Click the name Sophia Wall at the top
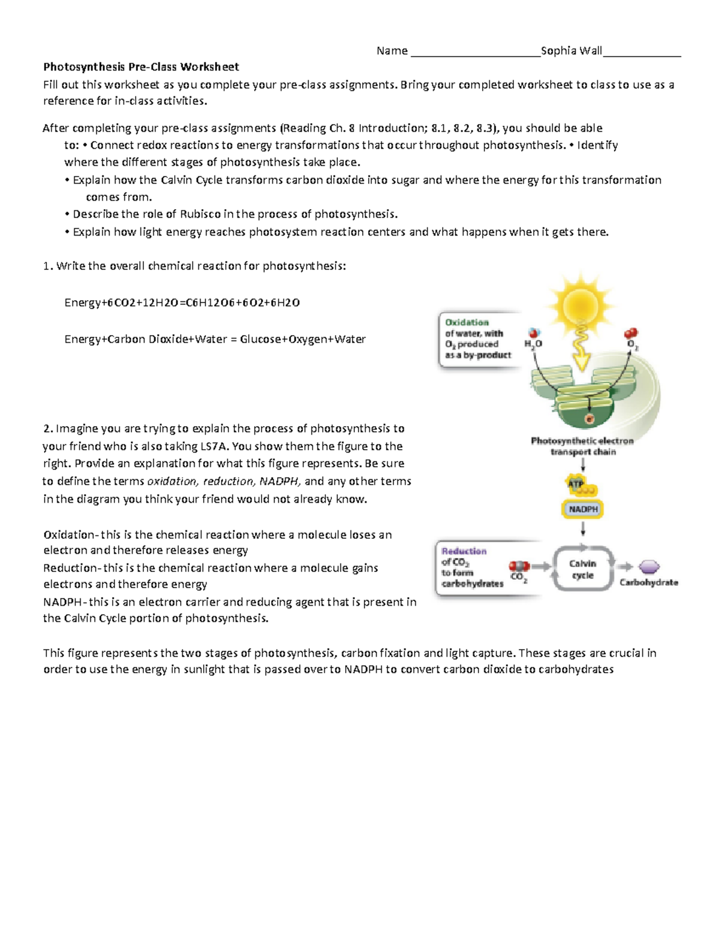571,51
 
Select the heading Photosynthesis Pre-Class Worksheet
141,67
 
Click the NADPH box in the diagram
583,509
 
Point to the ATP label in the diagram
576,483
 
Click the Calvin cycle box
583,569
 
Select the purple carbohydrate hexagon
649,567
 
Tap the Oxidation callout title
467,322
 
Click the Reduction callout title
464,551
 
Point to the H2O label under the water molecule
533,344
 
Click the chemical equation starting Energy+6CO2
182,303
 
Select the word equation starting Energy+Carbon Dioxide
215,339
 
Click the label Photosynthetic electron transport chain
582,446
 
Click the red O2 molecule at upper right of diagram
631,333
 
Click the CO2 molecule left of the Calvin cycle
519,567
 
